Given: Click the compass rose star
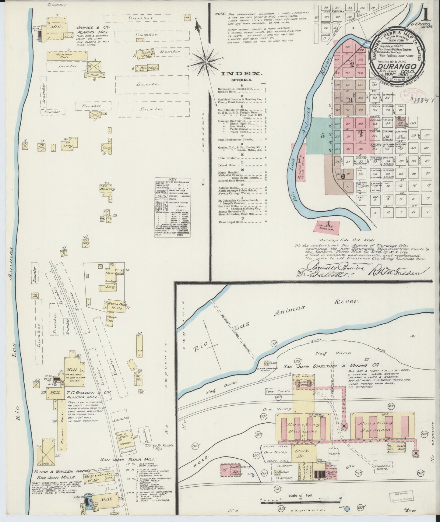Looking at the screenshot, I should [x=206, y=62].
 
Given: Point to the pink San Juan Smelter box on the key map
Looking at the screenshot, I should [x=328, y=227].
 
